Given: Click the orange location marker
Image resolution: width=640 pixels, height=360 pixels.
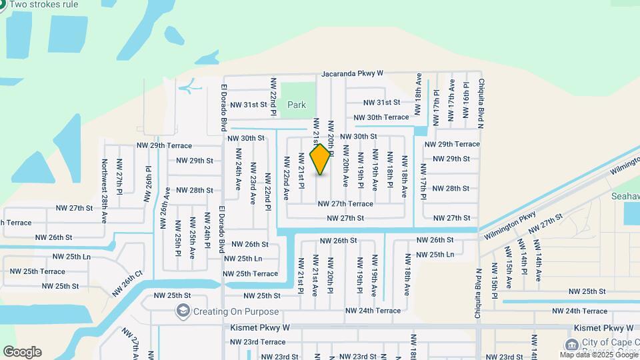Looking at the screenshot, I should pos(321,159).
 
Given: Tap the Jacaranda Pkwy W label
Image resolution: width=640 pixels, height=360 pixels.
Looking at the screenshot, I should pos(352,73).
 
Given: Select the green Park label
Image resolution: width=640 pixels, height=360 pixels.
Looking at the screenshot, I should pos(297,105).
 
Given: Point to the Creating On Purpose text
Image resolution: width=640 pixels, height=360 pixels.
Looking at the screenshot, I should pos(236,311).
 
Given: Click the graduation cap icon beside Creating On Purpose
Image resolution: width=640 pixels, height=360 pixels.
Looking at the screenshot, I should pos(183,311).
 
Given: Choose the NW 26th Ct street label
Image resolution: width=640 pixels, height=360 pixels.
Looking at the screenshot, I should pos(127,283).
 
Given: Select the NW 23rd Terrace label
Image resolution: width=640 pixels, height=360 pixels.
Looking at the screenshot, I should pos(258,342).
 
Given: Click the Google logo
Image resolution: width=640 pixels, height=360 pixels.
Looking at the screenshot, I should pos(22,352).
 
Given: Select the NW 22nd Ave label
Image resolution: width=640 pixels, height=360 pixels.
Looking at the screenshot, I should pos(286,179).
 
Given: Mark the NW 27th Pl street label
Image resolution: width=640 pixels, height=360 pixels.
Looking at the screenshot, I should pos(119,177).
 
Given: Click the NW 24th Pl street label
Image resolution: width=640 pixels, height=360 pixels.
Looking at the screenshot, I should pos(207,237).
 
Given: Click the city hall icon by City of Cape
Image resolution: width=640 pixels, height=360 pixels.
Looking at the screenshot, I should pos(571,345).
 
